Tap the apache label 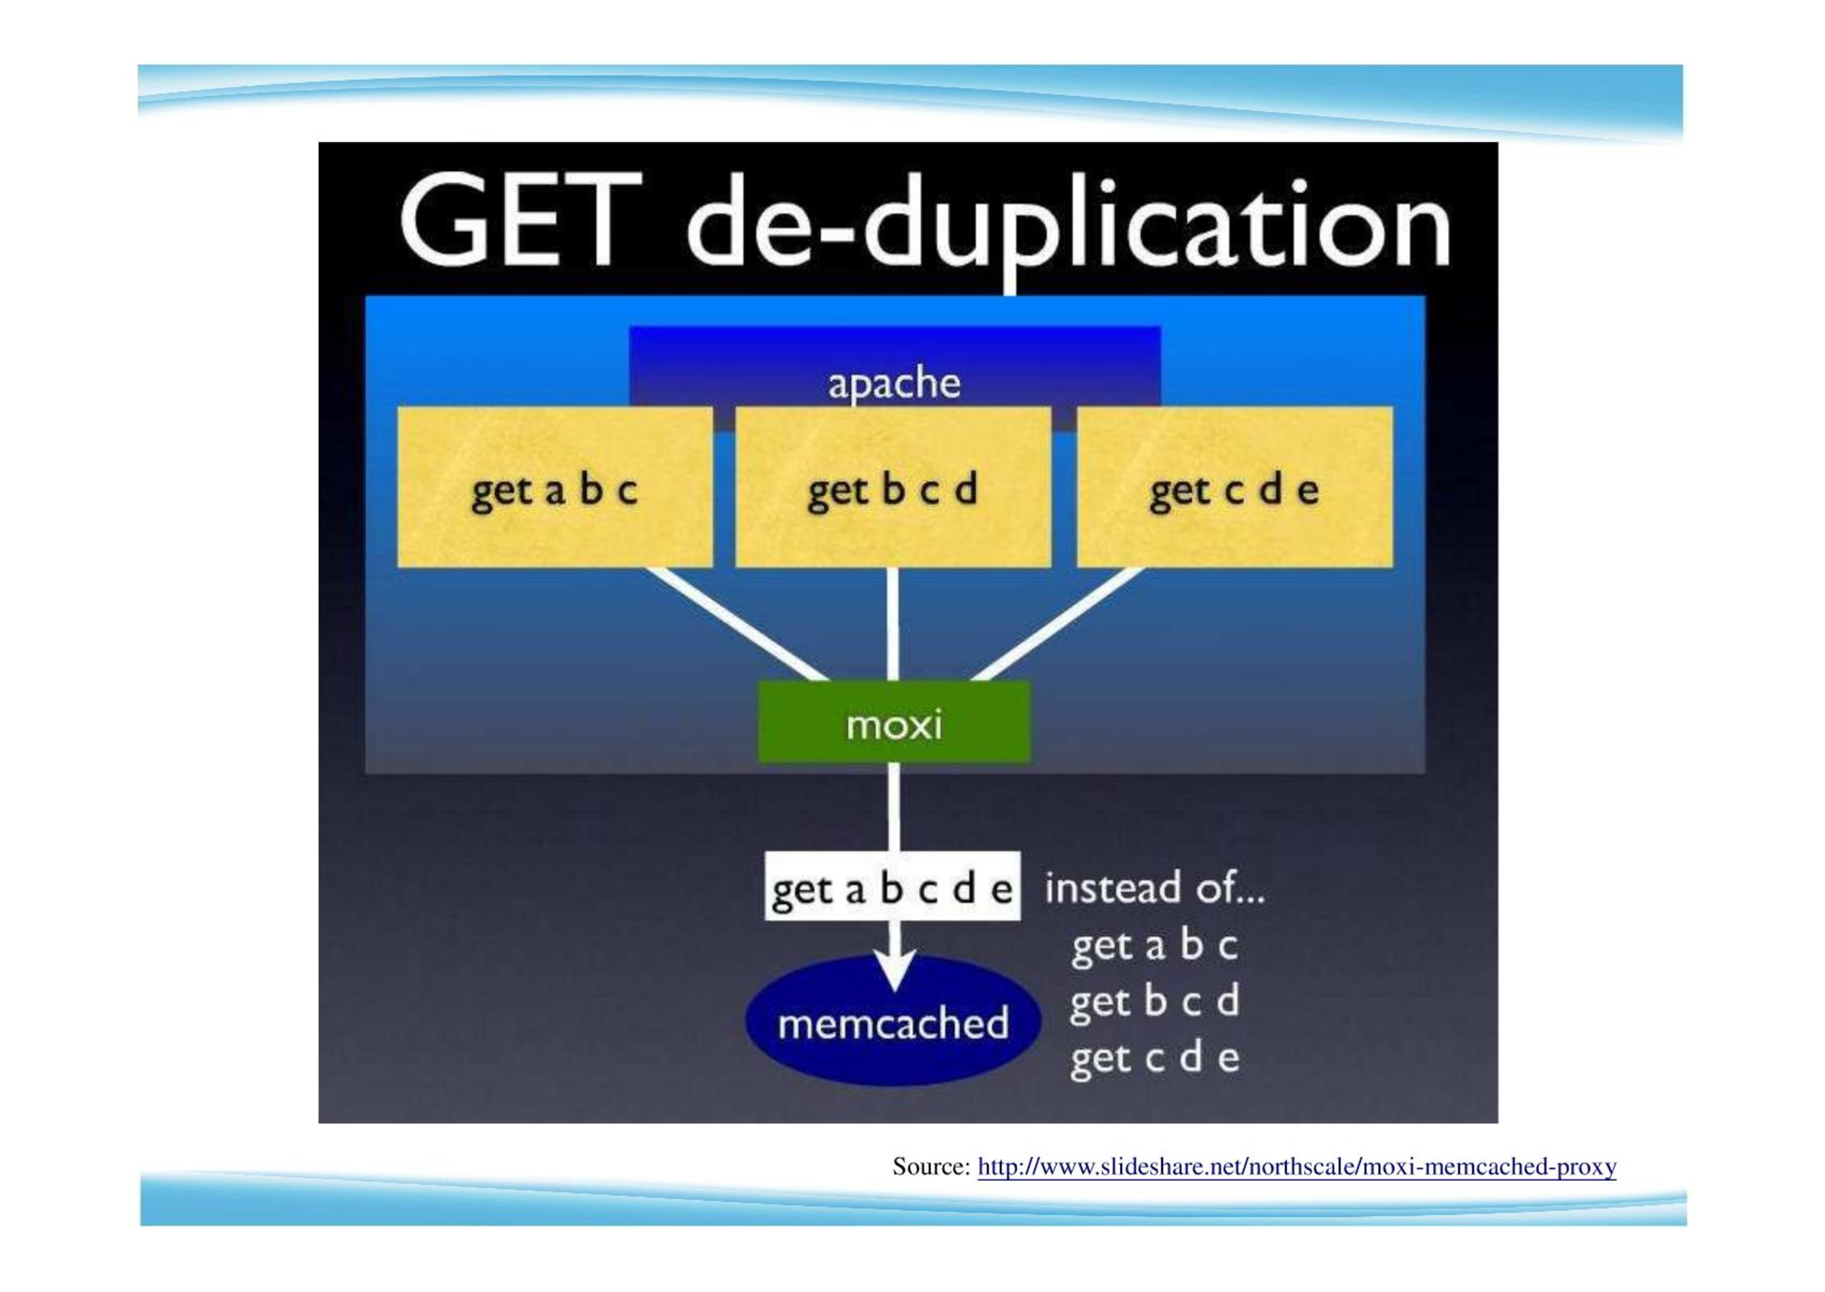pyautogui.click(x=894, y=383)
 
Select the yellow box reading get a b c pyautogui.click(x=555, y=487)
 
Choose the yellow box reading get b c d pyautogui.click(x=893, y=487)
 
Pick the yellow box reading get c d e pyautogui.click(x=1234, y=487)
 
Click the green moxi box pyautogui.click(x=894, y=722)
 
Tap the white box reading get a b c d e pyautogui.click(x=892, y=886)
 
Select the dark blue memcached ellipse pyautogui.click(x=893, y=1020)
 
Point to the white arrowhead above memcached pyautogui.click(x=893, y=969)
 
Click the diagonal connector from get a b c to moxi pyautogui.click(x=737, y=624)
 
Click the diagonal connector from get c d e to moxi pyautogui.click(x=1057, y=624)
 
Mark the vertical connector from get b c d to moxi pyautogui.click(x=892, y=624)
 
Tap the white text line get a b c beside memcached pyautogui.click(x=1154, y=945)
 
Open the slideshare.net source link pyautogui.click(x=1297, y=1166)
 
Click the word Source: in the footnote pyautogui.click(x=931, y=1166)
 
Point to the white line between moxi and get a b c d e pyautogui.click(x=893, y=807)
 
